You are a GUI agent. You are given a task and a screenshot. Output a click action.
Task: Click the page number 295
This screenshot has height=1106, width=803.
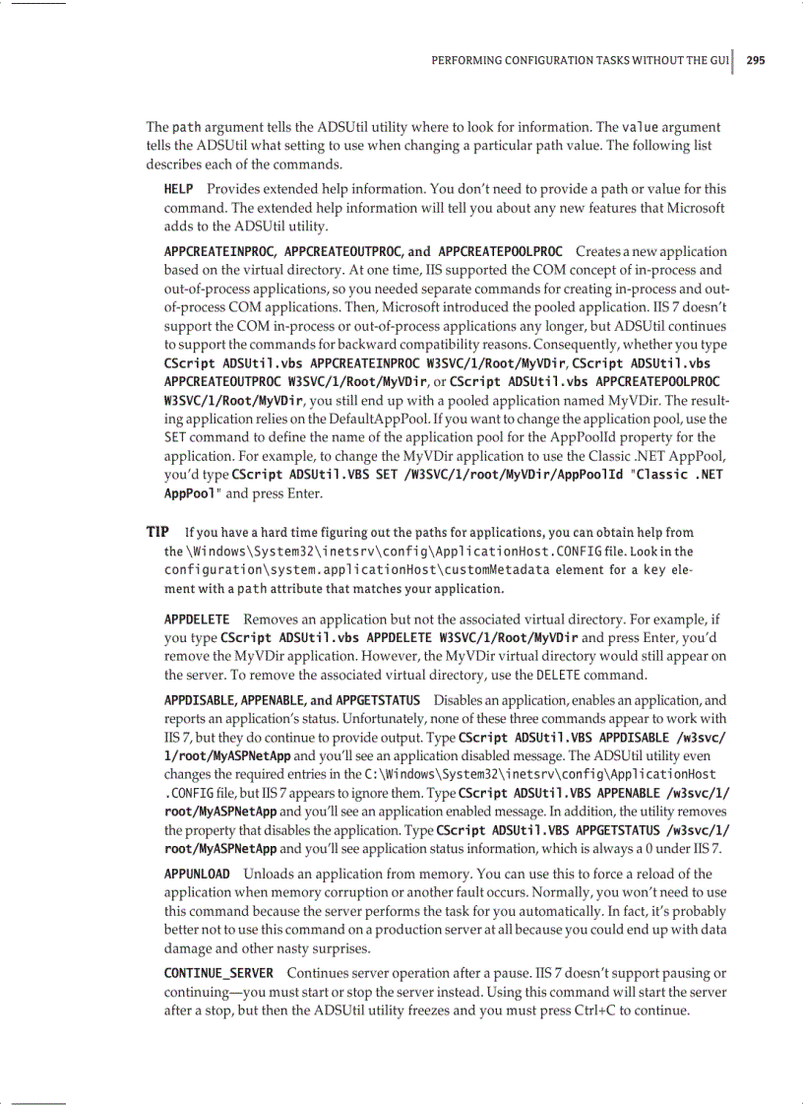click(755, 60)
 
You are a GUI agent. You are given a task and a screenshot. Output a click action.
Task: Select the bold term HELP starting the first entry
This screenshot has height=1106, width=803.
click(178, 188)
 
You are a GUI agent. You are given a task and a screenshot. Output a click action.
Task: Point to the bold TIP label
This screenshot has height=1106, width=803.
click(158, 532)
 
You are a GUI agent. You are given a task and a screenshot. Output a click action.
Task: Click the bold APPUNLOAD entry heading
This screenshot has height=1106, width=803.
click(197, 874)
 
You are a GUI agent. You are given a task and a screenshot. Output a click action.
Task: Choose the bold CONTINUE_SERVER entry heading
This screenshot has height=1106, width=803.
click(218, 973)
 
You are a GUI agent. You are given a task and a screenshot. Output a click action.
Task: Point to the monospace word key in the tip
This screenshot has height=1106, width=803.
click(654, 570)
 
